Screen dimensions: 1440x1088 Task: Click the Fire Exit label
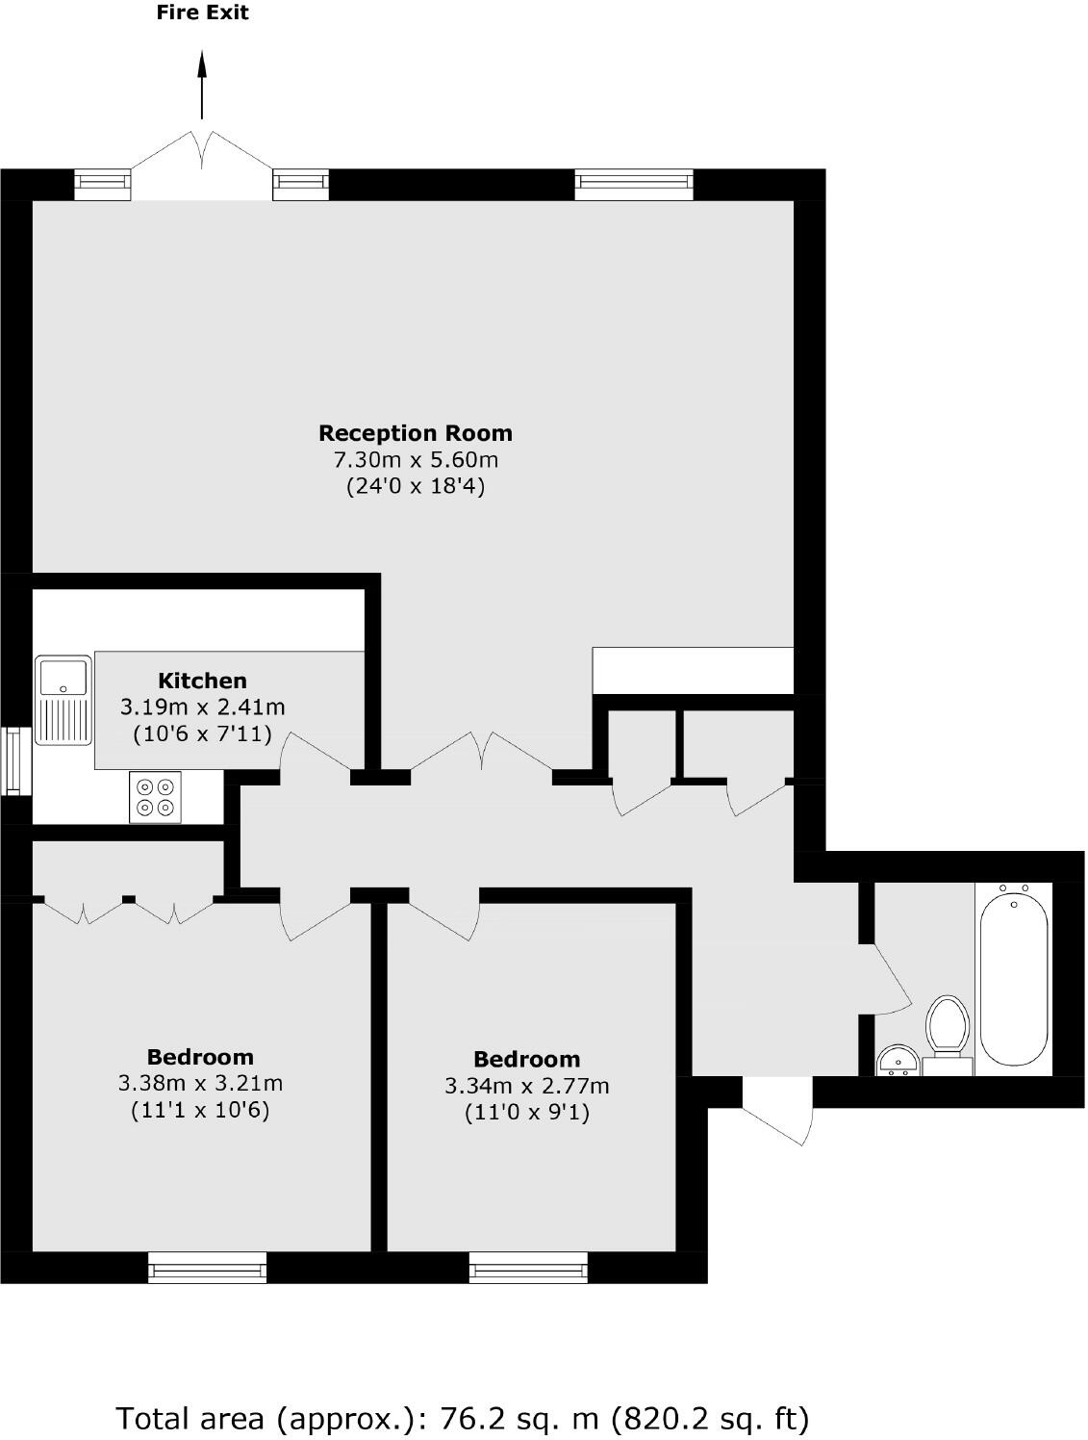pos(202,13)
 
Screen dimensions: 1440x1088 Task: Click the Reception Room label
pos(416,433)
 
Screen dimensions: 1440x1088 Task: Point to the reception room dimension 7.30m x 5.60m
pos(416,460)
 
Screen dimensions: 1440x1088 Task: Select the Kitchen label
pos(202,681)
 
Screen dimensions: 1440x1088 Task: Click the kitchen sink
pos(63,700)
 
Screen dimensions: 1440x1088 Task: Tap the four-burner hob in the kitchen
pos(155,797)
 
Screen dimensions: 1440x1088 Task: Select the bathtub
pos(1014,978)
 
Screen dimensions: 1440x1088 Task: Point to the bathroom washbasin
pos(898,1060)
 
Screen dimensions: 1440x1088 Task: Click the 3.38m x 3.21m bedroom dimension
pos(200,1084)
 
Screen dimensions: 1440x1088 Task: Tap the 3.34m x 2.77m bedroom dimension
pos(526,1087)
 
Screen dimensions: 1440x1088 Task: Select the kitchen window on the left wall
pos(13,761)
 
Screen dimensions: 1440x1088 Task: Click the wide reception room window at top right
pos(633,185)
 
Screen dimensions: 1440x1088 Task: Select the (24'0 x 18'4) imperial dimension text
pos(416,487)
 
